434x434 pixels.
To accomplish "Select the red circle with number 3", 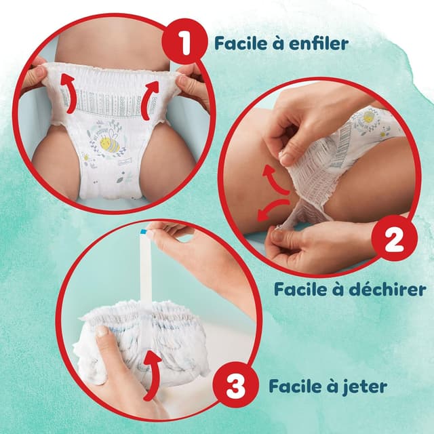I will coord(235,389).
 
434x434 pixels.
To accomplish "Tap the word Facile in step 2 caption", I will coord(298,290).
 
